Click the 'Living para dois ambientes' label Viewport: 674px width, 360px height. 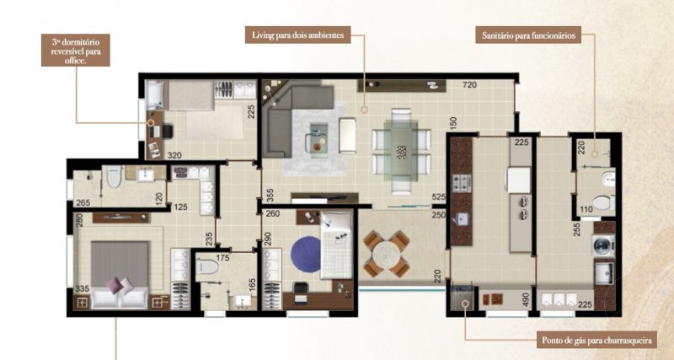pyautogui.click(x=298, y=35)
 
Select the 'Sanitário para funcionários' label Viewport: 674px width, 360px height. pyautogui.click(x=528, y=35)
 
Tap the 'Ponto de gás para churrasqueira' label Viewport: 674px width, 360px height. pyautogui.click(x=596, y=341)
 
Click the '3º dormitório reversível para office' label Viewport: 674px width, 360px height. pyautogui.click(x=76, y=51)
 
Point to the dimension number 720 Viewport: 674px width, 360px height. pyautogui.click(x=469, y=85)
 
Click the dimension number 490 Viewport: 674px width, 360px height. pyautogui.click(x=525, y=300)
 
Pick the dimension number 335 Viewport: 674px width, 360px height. pyautogui.click(x=83, y=288)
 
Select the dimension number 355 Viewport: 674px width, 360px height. pyautogui.click(x=270, y=195)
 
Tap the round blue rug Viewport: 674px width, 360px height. pyautogui.click(x=306, y=255)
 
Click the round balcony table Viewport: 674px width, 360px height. pyautogui.click(x=387, y=255)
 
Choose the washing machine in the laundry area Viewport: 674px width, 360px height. pyautogui.click(x=603, y=245)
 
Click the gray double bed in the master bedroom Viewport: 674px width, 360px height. pyautogui.click(x=120, y=273)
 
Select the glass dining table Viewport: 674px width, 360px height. pyautogui.click(x=401, y=152)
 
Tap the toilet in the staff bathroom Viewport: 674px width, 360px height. pyautogui.click(x=603, y=202)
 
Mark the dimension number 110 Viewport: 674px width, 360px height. pyautogui.click(x=586, y=210)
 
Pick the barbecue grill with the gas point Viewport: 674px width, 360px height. pyautogui.click(x=463, y=298)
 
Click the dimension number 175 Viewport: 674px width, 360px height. pyautogui.click(x=222, y=258)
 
